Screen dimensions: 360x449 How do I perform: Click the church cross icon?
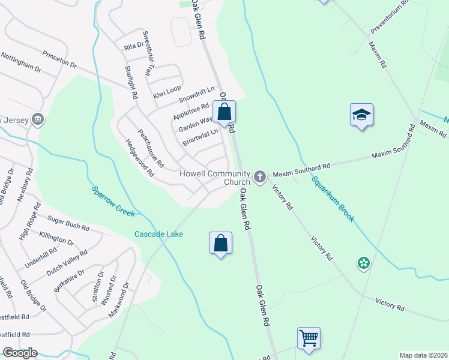pos(259,176)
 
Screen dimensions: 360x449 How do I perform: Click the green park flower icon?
pos(363,263)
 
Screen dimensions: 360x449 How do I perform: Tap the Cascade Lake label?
pos(158,234)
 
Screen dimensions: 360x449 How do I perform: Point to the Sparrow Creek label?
pos(113,200)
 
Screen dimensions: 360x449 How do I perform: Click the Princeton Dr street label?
pos(60,58)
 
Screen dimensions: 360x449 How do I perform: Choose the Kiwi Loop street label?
pos(167,92)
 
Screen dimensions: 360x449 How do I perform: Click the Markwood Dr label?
pos(119,300)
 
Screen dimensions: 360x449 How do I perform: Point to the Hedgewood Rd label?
pos(140,158)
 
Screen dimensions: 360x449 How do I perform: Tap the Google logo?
pos(20,353)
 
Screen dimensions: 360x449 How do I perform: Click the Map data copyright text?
pos(423,355)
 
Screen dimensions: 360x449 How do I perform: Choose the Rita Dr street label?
pos(134,46)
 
